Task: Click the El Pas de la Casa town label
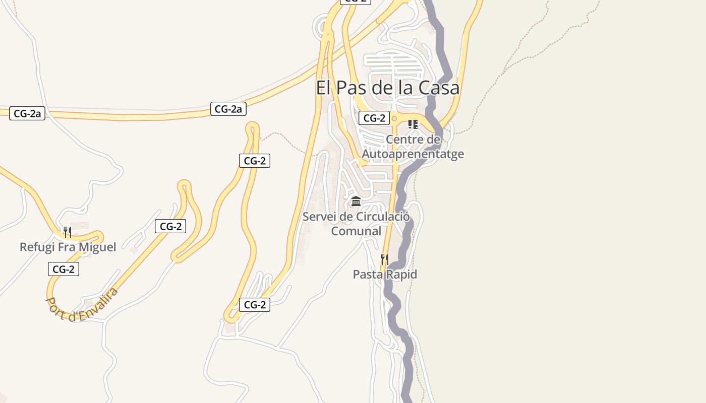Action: coord(387,88)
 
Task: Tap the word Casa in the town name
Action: coord(440,88)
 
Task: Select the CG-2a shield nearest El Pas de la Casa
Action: coord(228,109)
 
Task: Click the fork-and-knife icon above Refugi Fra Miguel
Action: coord(67,232)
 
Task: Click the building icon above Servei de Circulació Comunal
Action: coord(356,201)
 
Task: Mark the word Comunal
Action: coord(356,231)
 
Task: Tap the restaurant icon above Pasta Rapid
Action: coord(384,259)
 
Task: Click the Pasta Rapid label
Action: coord(385,275)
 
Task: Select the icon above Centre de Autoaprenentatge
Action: coord(413,124)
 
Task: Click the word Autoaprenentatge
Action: coord(413,154)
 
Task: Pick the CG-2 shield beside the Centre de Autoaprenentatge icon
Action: coord(374,118)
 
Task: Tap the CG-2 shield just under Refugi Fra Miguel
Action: coord(64,269)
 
